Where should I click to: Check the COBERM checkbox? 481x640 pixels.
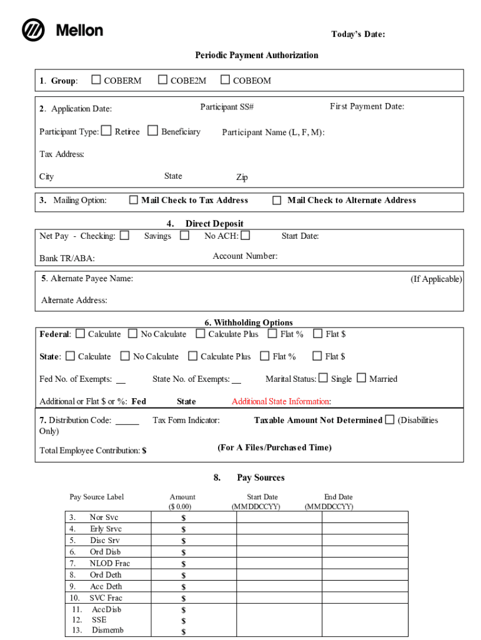point(96,79)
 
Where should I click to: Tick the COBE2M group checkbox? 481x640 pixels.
point(162,79)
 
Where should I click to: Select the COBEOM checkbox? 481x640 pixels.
point(225,79)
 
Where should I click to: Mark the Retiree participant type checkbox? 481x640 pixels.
point(106,131)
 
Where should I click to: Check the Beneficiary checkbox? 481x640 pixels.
point(152,131)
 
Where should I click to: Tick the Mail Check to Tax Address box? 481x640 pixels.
point(133,200)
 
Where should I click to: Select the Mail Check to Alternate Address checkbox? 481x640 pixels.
point(277,200)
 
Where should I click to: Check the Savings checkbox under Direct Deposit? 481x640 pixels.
point(184,236)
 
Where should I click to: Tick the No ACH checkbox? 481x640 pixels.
point(245,236)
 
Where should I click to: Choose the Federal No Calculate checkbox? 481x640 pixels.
point(132,334)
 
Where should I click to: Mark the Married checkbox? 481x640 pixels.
point(361,377)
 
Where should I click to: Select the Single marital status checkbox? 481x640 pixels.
point(323,377)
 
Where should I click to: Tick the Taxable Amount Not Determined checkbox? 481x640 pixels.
point(390,419)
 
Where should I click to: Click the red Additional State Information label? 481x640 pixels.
point(281,401)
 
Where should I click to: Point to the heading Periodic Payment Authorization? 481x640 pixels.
point(256,55)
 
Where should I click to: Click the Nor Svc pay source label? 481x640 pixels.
point(104,517)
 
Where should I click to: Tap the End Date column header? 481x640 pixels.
point(338,497)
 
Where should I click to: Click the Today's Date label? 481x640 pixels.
point(357,34)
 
